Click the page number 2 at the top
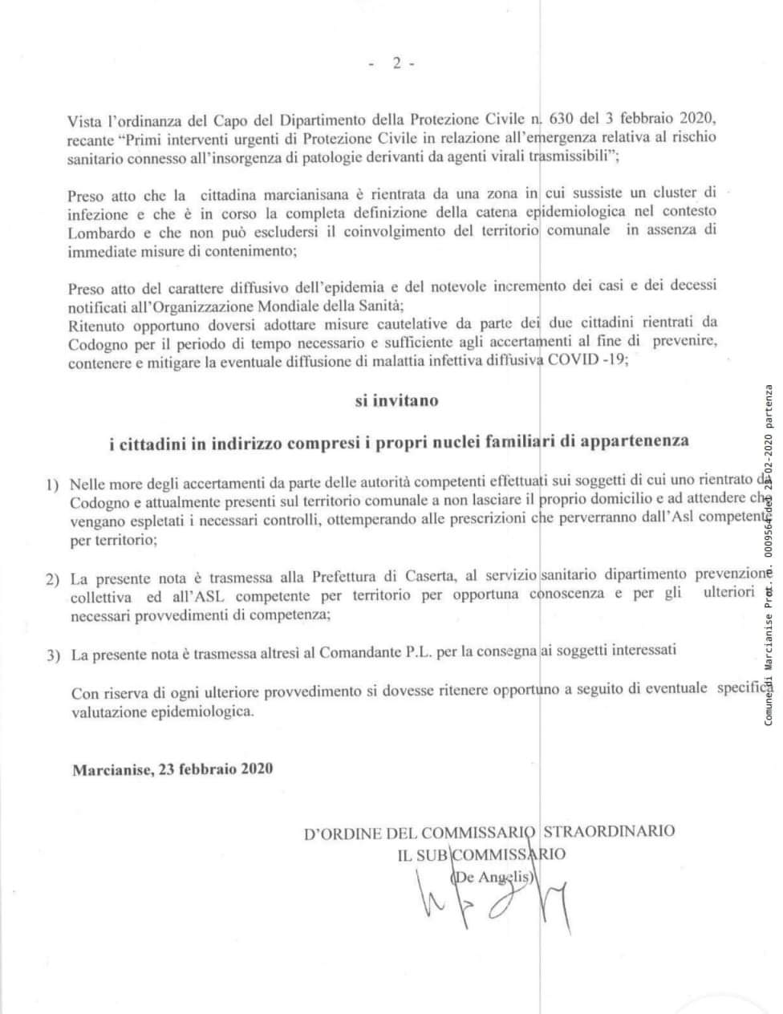point(397,65)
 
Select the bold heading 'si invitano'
point(397,400)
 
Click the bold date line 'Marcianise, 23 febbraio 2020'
point(172,769)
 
